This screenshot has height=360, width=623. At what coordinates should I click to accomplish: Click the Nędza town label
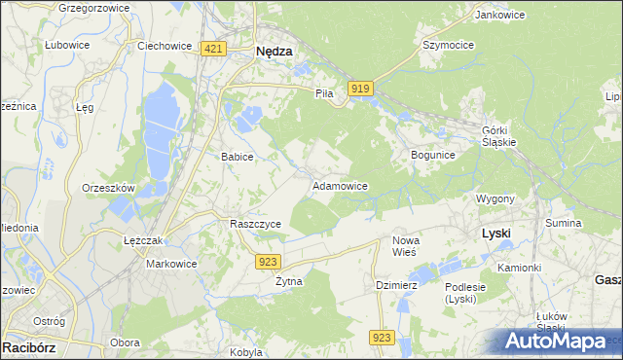tap(274, 54)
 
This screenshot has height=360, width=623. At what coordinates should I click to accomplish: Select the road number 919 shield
tap(359, 89)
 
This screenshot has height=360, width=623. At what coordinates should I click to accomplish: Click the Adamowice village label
tap(339, 185)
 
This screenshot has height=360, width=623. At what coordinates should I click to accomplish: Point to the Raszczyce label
tap(255, 224)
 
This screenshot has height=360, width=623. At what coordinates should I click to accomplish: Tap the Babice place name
tap(238, 157)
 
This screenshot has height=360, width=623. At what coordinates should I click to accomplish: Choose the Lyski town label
tap(496, 234)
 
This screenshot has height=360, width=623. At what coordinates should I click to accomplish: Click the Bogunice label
tap(433, 155)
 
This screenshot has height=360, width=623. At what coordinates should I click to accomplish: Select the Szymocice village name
tap(447, 46)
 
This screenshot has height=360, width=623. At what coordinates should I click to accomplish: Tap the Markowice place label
tap(171, 264)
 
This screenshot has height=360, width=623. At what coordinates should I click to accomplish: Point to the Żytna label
tap(289, 281)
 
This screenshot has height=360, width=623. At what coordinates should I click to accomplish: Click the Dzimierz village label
tap(396, 285)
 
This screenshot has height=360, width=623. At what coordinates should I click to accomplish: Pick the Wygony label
tap(495, 198)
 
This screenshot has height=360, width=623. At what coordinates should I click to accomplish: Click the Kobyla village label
tap(247, 352)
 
